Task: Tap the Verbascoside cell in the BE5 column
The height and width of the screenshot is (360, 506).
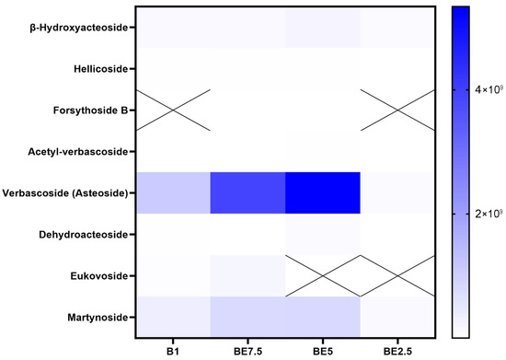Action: click(322, 192)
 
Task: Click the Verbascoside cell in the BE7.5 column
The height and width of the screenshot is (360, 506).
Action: click(247, 192)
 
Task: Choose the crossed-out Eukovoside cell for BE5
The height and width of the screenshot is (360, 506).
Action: click(322, 275)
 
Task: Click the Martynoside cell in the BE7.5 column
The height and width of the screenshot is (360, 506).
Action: click(247, 317)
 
